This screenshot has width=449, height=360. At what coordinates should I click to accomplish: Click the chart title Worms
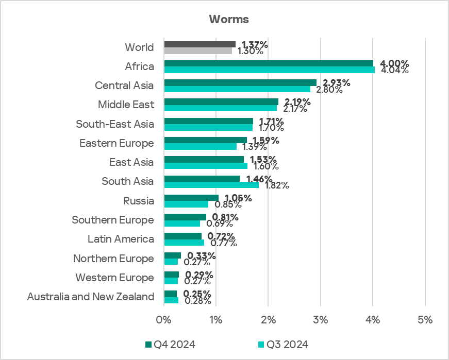(x=229, y=20)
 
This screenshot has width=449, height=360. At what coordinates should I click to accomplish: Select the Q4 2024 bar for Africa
(x=268, y=63)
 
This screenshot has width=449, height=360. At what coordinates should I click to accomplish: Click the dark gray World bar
(x=199, y=44)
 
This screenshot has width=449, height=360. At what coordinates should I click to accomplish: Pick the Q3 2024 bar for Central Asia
(x=237, y=89)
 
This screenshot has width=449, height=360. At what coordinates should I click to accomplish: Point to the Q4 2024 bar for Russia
(x=191, y=198)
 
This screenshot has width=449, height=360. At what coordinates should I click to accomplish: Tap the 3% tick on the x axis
(x=321, y=320)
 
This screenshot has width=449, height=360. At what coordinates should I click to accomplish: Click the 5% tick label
(x=425, y=320)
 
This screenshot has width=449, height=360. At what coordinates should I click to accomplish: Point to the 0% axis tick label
(x=164, y=320)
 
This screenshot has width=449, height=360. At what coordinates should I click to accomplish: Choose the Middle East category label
(x=126, y=105)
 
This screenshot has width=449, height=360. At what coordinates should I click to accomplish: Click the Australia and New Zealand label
(x=91, y=297)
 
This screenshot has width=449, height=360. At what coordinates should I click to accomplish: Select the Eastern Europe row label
(x=117, y=143)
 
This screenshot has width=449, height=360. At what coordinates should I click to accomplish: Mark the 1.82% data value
(x=277, y=186)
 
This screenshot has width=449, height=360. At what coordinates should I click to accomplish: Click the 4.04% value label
(x=394, y=71)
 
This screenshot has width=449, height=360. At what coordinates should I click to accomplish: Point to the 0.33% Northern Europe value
(x=202, y=256)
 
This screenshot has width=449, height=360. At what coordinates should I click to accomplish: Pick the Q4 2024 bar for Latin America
(x=182, y=236)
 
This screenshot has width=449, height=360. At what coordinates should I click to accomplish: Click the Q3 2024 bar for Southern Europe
(x=182, y=224)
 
